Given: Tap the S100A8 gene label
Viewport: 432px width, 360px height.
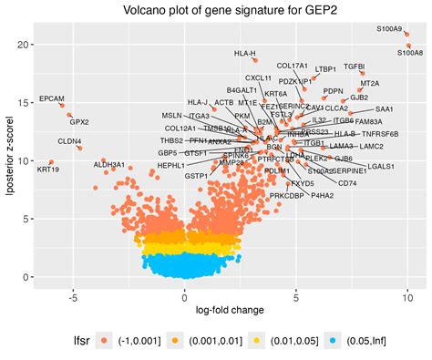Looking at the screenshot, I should pyautogui.click(x=409, y=53).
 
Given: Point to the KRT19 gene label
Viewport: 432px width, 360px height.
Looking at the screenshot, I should pyautogui.click(x=47, y=170).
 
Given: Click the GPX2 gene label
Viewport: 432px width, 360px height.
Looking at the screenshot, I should pyautogui.click(x=79, y=121).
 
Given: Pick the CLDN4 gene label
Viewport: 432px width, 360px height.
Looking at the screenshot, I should pyautogui.click(x=69, y=141).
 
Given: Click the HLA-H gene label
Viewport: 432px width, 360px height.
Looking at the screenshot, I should pyautogui.click(x=244, y=54).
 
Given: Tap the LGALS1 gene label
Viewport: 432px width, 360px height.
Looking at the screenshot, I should pyautogui.click(x=381, y=167).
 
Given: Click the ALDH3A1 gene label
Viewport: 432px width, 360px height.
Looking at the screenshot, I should pyautogui.click(x=109, y=165).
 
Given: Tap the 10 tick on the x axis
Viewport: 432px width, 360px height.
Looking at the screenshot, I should pyautogui.click(x=407, y=297).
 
